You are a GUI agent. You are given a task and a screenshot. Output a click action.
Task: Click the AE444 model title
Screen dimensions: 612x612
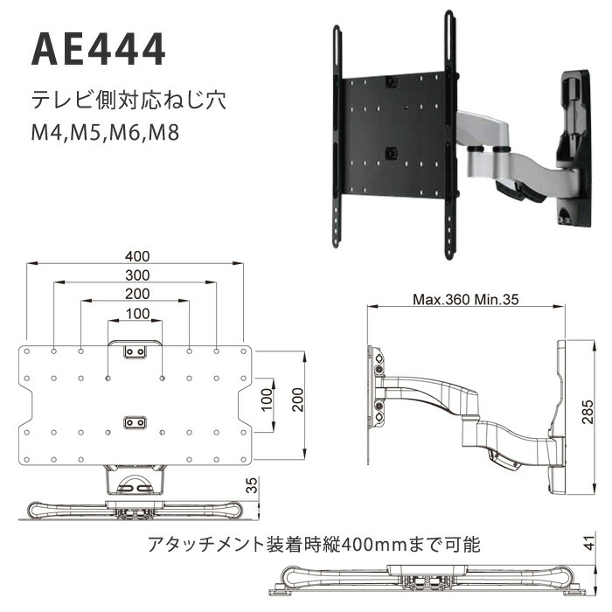[98, 49]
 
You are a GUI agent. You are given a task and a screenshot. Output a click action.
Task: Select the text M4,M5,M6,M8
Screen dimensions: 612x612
[106, 132]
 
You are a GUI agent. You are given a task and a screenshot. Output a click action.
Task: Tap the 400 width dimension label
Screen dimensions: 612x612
[137, 256]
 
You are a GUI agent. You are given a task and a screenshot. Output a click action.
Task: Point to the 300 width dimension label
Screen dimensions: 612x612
[137, 275]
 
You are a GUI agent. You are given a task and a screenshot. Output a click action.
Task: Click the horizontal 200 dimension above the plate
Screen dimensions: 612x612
[137, 294]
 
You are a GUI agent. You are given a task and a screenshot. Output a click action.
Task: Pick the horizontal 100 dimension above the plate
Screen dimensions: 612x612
[138, 313]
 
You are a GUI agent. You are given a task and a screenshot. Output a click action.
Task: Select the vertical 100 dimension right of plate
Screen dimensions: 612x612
[267, 400]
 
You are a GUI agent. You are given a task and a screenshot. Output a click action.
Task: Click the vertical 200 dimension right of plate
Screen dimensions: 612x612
[298, 400]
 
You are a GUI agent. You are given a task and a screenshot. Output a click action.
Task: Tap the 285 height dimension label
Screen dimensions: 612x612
[588, 412]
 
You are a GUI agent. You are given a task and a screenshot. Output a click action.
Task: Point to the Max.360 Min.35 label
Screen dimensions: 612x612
[466, 299]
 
